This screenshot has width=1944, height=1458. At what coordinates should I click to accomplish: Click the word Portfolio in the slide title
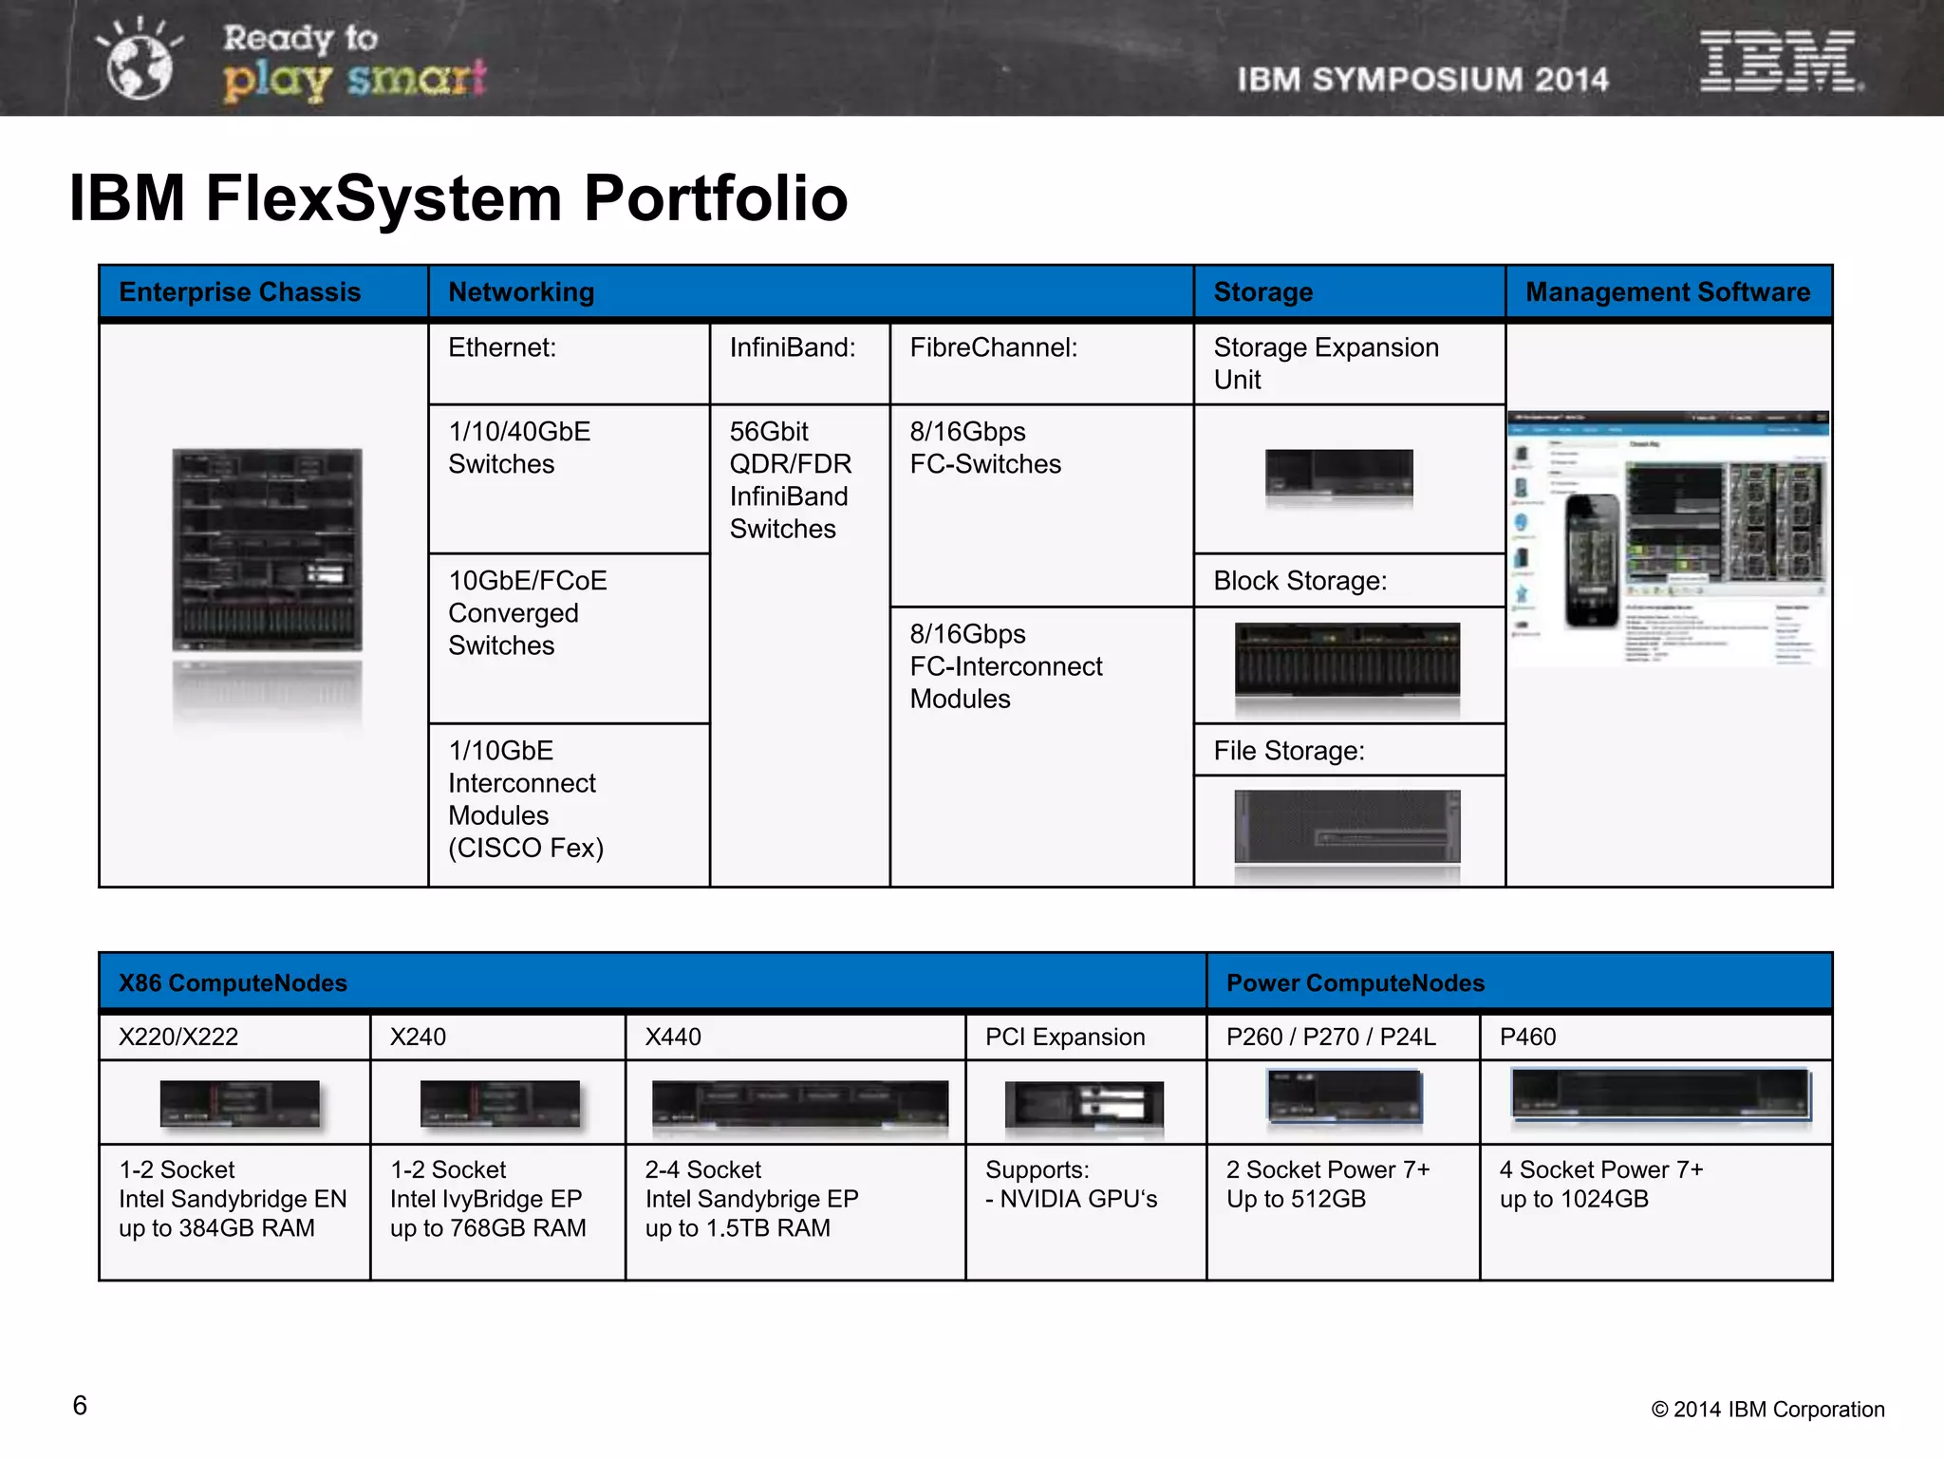point(715,198)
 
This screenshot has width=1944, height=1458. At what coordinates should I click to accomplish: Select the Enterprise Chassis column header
point(240,292)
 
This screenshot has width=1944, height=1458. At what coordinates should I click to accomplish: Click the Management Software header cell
point(1668,292)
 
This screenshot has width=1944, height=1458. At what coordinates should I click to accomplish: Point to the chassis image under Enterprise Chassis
point(267,550)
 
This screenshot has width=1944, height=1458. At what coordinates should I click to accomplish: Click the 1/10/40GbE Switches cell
point(519,448)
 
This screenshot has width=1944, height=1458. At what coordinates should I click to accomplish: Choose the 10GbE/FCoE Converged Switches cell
point(527,613)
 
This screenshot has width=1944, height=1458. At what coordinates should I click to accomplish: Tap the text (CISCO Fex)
point(526,848)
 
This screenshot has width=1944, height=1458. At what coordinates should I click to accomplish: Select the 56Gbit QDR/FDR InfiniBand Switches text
point(790,480)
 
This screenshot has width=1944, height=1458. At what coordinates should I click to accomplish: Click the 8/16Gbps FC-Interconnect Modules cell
point(1005,666)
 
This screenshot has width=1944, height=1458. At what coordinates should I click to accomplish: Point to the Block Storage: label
point(1299,581)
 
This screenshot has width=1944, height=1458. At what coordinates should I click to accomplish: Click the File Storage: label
point(1288,751)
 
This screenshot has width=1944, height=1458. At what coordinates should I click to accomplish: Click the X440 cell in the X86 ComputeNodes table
point(673,1037)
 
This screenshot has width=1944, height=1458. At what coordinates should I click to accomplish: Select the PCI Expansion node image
point(1084,1105)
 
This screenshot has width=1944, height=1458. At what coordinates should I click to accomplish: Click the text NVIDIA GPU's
point(1078,1199)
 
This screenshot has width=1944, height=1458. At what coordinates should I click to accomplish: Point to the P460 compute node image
point(1660,1095)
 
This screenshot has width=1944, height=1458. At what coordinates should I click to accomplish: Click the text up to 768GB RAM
point(488,1228)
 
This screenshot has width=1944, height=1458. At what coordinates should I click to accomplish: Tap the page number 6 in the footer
point(80,1406)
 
